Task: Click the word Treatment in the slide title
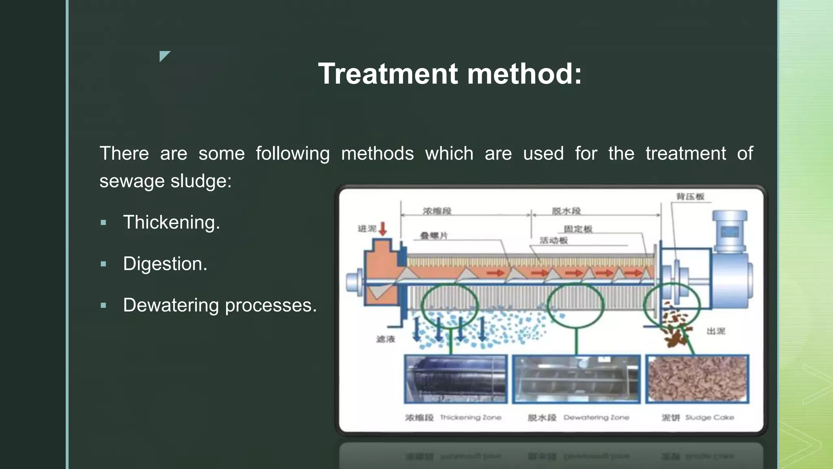click(388, 74)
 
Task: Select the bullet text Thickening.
click(171, 223)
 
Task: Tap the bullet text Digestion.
click(165, 264)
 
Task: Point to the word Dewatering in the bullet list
click(171, 305)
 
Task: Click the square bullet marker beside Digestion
click(103, 264)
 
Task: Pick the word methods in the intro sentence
click(377, 154)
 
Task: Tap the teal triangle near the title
click(164, 55)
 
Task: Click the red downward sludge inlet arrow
click(383, 229)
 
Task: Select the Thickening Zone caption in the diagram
click(470, 417)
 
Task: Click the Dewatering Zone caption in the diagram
click(596, 417)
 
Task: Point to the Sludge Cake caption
click(709, 417)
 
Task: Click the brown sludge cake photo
click(697, 379)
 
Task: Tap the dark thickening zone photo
click(456, 379)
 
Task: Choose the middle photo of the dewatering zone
click(576, 379)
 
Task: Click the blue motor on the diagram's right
click(730, 265)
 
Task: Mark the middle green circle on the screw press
click(576, 305)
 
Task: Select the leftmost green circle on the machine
click(449, 305)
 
